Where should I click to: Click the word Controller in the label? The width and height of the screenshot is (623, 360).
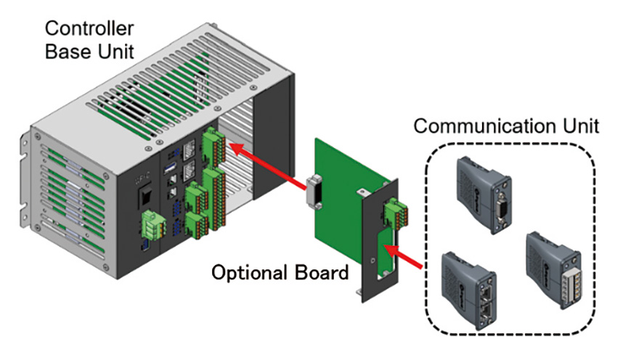click(x=89, y=28)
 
